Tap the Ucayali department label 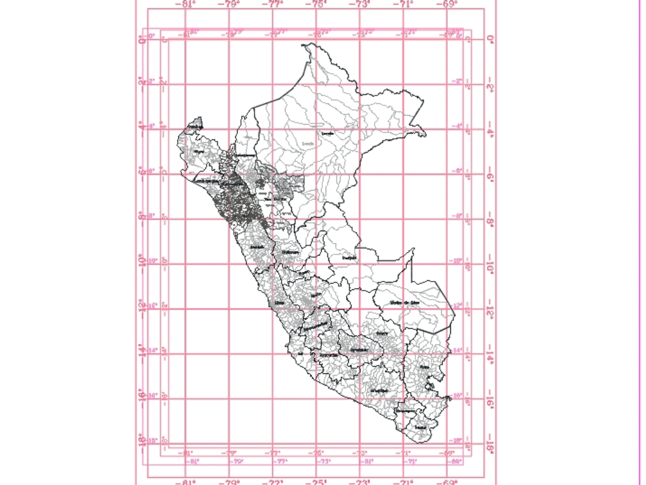tap(350, 258)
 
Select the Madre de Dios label tap(405, 302)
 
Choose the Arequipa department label tap(380, 391)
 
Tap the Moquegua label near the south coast tap(405, 410)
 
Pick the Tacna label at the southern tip tap(421, 428)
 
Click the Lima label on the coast tap(278, 302)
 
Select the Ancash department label tap(257, 247)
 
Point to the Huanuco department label tap(290, 253)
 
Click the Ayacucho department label tap(328, 355)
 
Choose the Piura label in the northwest tap(198, 152)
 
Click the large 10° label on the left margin tap(142, 260)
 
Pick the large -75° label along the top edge tap(318, 4)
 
